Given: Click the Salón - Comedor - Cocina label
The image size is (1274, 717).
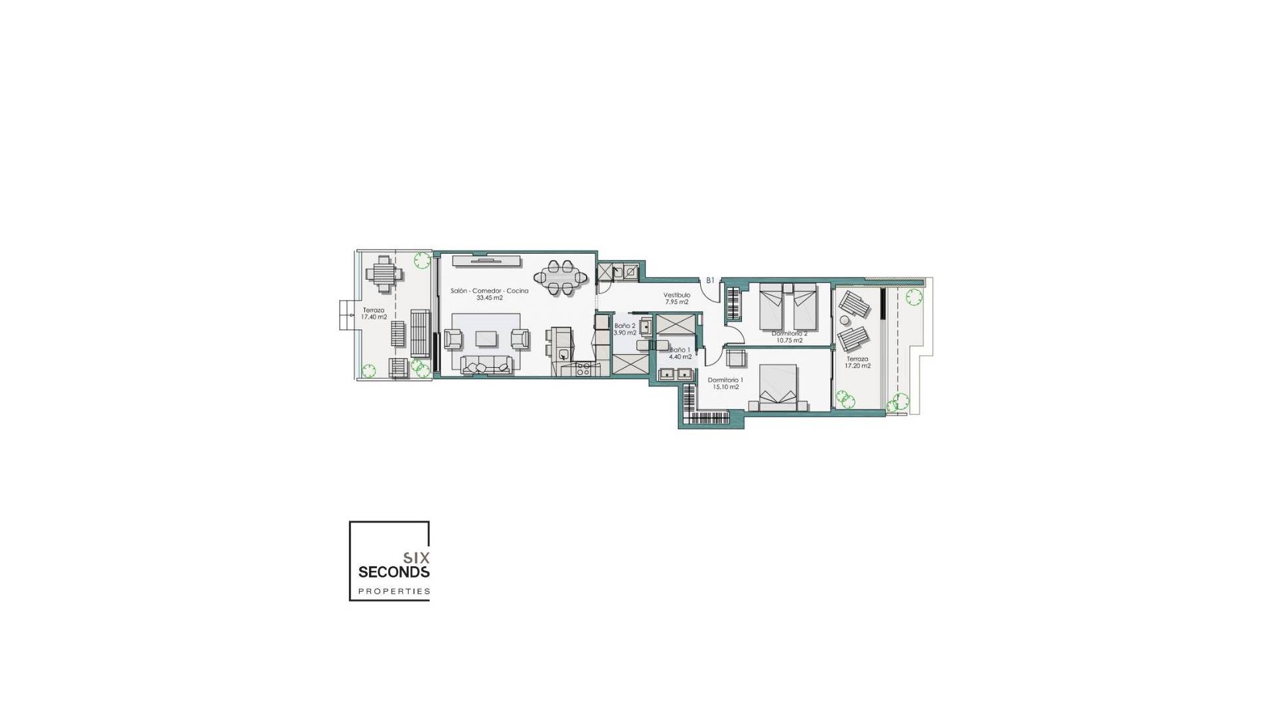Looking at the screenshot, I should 489,291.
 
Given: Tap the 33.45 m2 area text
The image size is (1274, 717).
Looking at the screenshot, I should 489,298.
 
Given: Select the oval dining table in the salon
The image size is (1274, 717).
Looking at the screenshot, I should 561,278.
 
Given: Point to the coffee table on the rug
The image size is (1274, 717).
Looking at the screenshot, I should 486,339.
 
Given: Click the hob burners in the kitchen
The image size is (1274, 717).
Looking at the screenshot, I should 583,369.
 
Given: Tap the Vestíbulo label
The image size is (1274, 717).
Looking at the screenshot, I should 677,295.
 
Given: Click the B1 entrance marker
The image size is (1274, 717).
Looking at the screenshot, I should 710,281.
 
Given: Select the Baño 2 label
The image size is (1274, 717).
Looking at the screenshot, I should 624,326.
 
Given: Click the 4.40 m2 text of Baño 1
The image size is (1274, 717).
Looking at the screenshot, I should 680,357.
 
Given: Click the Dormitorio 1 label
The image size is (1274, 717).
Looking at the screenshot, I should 725,380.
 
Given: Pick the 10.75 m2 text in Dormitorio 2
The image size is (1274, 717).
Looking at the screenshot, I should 789,341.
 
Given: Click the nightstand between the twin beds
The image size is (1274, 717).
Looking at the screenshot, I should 788,289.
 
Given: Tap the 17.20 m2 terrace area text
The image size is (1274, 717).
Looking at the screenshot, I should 857,366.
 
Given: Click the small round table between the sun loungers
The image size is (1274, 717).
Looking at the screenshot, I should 845,320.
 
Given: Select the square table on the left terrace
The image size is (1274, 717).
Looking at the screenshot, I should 383,274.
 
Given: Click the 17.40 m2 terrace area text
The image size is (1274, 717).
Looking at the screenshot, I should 374,317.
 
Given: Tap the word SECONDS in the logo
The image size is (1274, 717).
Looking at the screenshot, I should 393,572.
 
